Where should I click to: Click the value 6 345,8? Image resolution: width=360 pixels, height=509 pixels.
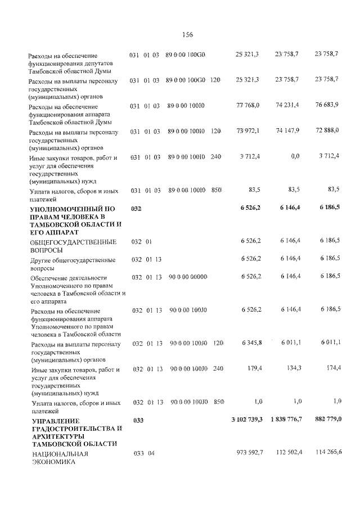pyautogui.click(x=251, y=343)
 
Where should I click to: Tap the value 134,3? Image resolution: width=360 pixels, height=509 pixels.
pyautogui.click(x=294, y=369)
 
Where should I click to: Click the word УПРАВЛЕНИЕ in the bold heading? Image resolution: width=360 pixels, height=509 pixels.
pyautogui.click(x=56, y=421)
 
